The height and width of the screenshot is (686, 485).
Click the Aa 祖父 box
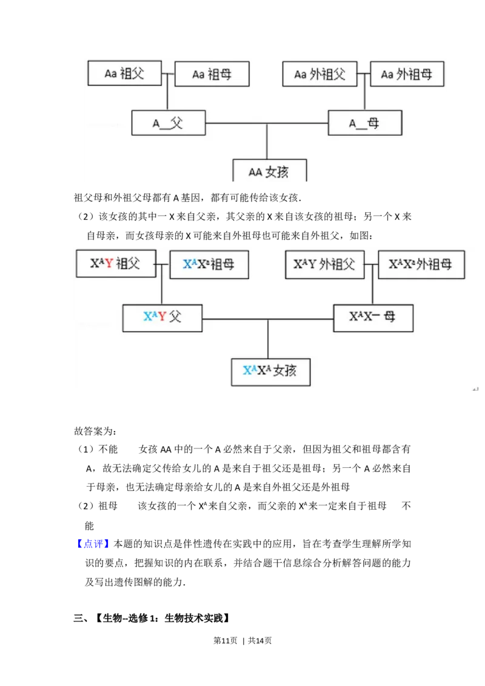[x=125, y=72]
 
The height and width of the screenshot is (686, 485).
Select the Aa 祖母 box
[x=212, y=75]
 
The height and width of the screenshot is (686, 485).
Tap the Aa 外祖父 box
[x=319, y=75]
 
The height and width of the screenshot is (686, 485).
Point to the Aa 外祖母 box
[x=407, y=75]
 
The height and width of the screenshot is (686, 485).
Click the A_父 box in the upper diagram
[x=169, y=123]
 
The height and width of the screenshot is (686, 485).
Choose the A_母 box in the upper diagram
[x=365, y=123]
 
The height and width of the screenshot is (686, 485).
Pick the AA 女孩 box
[x=270, y=171]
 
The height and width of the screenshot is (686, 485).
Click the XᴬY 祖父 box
[x=116, y=264]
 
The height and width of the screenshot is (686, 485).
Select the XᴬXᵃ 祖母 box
[x=209, y=265]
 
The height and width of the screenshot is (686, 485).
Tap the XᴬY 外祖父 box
[x=324, y=265]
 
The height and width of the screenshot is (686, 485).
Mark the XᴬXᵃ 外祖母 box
[x=421, y=265]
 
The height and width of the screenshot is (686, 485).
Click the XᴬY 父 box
[x=162, y=318]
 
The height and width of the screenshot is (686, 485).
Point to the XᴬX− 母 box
[x=373, y=317]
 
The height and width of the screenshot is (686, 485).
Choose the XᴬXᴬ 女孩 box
[x=270, y=371]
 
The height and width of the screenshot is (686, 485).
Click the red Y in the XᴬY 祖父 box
[x=109, y=264]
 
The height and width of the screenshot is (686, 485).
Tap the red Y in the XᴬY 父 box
[x=162, y=317]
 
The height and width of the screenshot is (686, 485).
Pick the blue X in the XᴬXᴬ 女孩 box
[x=248, y=371]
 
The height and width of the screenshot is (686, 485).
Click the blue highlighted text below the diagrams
[x=94, y=544]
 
